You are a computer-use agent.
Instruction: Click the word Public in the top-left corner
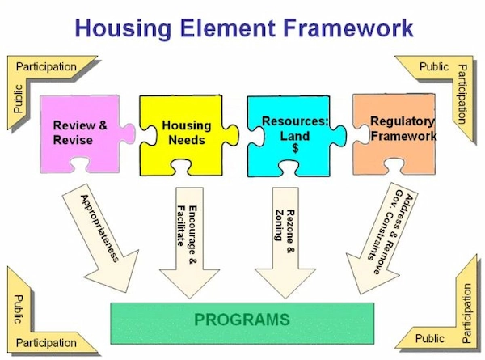tap(19, 96)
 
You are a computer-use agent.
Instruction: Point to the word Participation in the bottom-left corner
tap(46, 343)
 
